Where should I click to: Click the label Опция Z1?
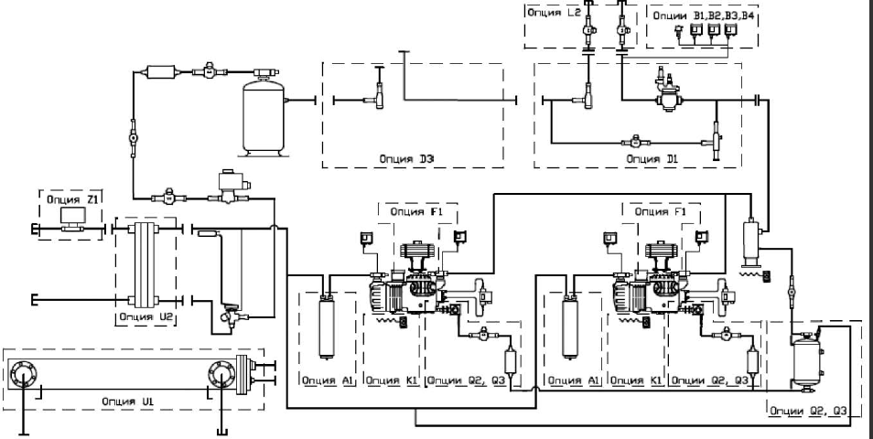coord(72,199)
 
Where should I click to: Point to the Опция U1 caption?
coord(126,402)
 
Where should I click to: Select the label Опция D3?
coord(406,158)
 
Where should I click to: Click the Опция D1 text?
coord(652,158)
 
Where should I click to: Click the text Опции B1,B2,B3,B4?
coord(704,16)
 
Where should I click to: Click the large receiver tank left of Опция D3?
coord(264,116)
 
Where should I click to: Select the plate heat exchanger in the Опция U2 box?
coord(145,263)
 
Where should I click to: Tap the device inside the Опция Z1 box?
coord(72,219)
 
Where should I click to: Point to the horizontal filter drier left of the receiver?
coord(161,72)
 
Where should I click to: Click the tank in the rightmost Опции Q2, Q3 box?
coord(805,360)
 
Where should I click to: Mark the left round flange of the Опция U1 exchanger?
coord(23,374)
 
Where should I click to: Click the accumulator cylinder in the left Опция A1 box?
coord(327,328)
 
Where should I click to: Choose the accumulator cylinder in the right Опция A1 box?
coord(571,328)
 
